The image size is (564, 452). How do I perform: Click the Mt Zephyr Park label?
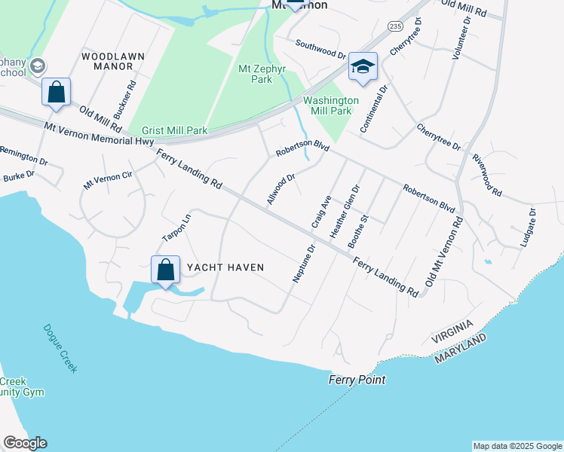(255, 73)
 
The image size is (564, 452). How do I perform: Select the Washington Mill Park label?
(330, 105)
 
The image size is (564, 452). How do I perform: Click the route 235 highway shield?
(394, 25)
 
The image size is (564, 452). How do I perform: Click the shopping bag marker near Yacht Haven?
(165, 271)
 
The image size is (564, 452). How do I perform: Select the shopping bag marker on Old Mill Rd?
(56, 93)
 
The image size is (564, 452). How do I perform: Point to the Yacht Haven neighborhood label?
(225, 267)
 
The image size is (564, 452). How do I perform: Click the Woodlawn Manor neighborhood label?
(108, 61)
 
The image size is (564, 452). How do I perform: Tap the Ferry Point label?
(357, 380)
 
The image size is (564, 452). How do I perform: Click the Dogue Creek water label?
(60, 348)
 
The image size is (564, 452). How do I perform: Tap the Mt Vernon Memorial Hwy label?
(99, 135)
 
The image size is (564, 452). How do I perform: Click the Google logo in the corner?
(25, 443)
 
